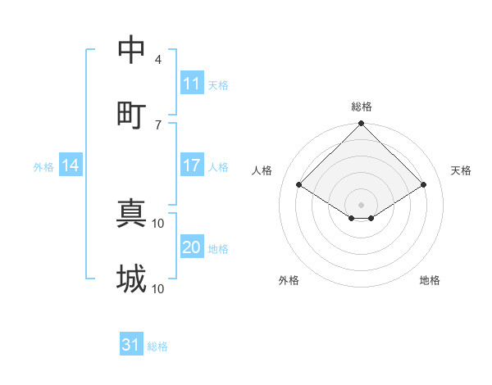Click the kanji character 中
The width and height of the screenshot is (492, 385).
[131, 51]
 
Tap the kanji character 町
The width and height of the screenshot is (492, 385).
[131, 115]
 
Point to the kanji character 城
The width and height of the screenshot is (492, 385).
[131, 279]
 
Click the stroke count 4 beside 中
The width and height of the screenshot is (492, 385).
[158, 60]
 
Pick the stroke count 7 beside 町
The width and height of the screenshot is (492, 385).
[158, 124]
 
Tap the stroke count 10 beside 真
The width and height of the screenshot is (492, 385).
[158, 223]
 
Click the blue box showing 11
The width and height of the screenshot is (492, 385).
[192, 84]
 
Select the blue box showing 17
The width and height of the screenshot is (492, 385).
[192, 166]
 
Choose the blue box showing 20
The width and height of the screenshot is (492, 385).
[192, 248]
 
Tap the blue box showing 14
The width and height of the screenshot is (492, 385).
[71, 166]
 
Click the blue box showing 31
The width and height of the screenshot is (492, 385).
[131, 346]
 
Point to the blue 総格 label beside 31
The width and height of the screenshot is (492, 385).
[157, 346]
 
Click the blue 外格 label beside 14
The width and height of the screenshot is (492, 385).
[43, 167]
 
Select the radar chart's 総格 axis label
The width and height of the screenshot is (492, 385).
[362, 106]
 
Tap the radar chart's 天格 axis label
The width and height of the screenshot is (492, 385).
[462, 170]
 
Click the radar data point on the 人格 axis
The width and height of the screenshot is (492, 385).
[299, 184]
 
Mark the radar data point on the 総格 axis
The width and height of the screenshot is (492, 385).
[362, 125]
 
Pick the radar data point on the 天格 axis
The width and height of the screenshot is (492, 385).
[424, 184]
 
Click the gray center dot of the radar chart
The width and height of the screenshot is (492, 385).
[362, 204]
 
